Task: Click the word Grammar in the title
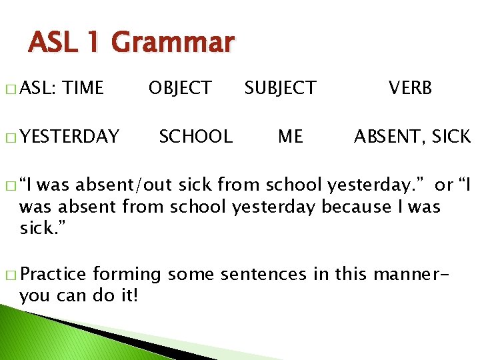pos(173,43)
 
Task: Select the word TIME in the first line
pos(85,88)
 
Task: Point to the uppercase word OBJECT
pos(180,88)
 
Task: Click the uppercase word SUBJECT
pos(280,88)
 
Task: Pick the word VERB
pos(411,88)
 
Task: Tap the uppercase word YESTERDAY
pos(69,137)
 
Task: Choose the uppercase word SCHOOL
pos(195,137)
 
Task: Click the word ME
pos(290,137)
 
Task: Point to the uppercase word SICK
pos(451,137)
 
